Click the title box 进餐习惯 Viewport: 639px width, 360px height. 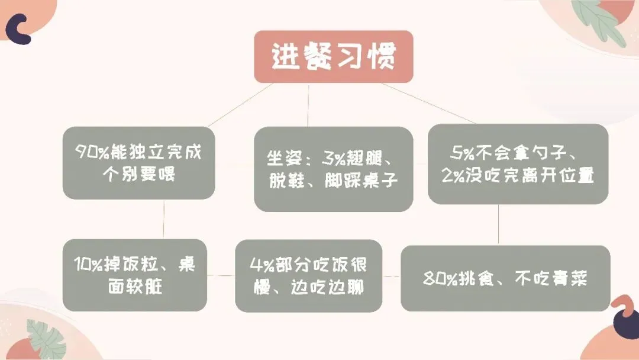[x=334, y=57]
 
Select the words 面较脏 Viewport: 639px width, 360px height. [x=135, y=287]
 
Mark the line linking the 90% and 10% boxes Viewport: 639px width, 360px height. [x=163, y=219]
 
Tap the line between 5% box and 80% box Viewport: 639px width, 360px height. [x=498, y=224]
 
